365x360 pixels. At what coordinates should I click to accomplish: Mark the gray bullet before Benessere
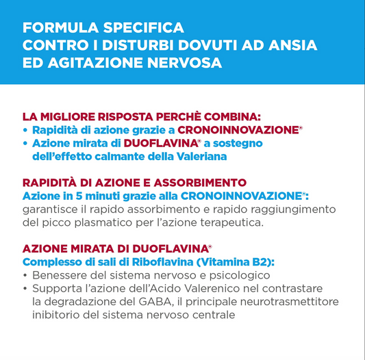point(25,276)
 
